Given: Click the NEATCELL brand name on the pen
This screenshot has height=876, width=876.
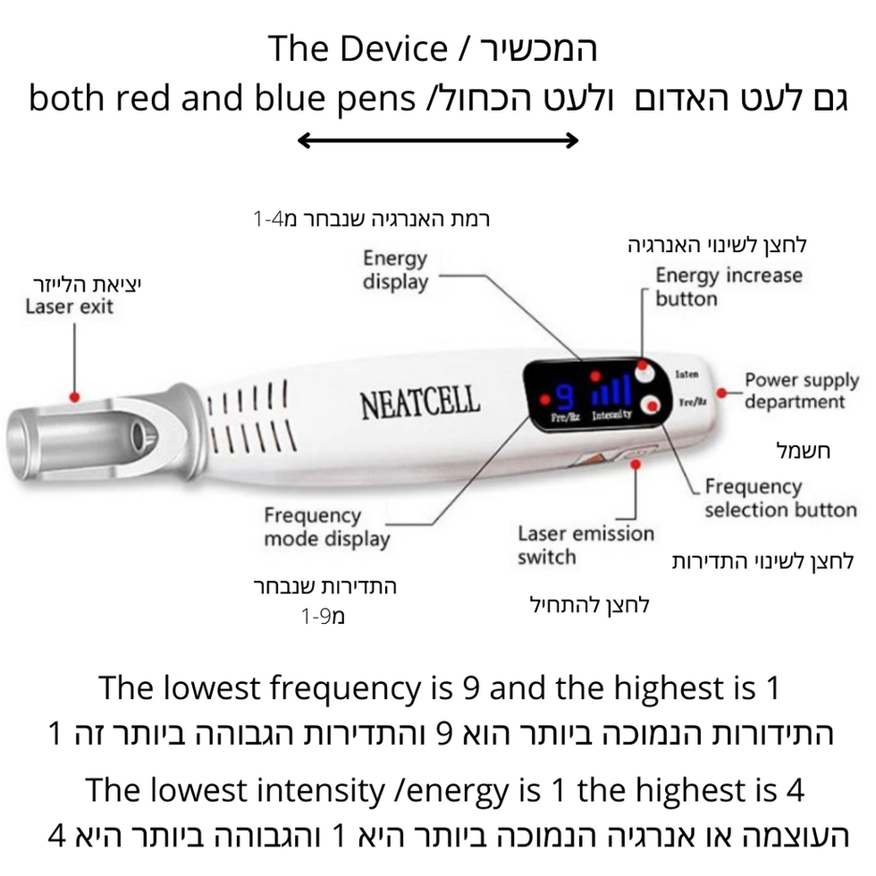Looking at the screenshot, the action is pyautogui.click(x=419, y=403).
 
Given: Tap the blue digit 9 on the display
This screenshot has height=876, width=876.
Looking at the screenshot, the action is pyautogui.click(x=564, y=394).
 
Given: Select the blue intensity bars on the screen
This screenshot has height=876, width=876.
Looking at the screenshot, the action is pyautogui.click(x=612, y=391).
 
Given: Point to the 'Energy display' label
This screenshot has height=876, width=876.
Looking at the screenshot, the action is pyautogui.click(x=395, y=270).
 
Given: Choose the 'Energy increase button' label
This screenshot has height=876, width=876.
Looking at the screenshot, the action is pyautogui.click(x=729, y=286).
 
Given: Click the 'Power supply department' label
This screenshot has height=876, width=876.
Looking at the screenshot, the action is pyautogui.click(x=801, y=391).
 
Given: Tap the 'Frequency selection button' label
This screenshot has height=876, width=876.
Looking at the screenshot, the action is pyautogui.click(x=779, y=498).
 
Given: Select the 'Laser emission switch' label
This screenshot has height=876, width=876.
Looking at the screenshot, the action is pyautogui.click(x=585, y=545).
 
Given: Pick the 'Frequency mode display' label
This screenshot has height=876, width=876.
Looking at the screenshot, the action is pyautogui.click(x=326, y=527).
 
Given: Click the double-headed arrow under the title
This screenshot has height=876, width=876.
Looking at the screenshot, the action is pyautogui.click(x=438, y=139).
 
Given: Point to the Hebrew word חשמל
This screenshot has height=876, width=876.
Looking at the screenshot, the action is pyautogui.click(x=803, y=451).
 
